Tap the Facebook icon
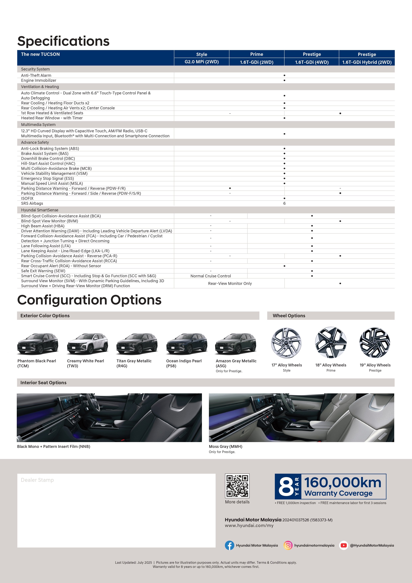tap(229, 545)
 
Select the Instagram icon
tap(288, 545)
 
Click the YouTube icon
tap(344, 545)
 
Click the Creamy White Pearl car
tap(87, 344)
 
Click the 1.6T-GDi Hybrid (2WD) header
tap(367, 62)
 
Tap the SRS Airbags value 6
tap(284, 203)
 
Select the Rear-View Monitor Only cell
tap(230, 283)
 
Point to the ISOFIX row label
tap(27, 198)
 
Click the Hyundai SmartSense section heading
tap(40, 210)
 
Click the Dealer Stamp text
tap(37, 480)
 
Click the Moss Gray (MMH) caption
tap(226, 446)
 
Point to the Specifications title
tap(63, 41)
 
